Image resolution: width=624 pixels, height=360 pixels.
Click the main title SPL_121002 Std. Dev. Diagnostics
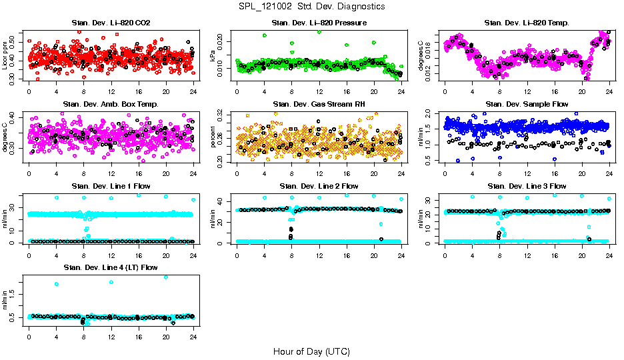pos(311,7)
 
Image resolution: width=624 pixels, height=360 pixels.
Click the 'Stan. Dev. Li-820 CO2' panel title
pos(111,23)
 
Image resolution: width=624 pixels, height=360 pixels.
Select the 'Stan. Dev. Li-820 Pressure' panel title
pos(319,23)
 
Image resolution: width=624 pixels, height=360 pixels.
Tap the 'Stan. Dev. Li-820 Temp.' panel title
pos(527,23)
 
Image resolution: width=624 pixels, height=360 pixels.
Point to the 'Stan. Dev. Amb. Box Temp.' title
pos(111,105)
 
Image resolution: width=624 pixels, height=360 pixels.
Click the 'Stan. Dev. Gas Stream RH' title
pos(319,105)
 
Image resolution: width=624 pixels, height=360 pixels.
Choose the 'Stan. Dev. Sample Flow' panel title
pos(527,105)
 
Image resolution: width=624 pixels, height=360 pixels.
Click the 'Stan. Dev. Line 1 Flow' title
pos(111,186)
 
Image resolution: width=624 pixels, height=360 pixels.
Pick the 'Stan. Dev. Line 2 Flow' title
pos(319,186)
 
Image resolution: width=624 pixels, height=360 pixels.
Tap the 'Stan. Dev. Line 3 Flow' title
pos(527,186)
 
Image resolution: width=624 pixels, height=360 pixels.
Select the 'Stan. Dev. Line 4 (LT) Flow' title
pos(111,267)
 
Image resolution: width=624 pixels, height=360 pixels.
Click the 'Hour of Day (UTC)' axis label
pos(311,351)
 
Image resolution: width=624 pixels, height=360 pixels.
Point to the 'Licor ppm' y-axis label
pos(5,55)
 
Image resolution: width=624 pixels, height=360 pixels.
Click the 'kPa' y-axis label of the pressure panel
pos(213,56)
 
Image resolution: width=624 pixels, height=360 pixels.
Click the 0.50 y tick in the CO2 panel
pos(14,41)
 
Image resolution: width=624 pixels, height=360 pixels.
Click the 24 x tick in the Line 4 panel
pos(193,337)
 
